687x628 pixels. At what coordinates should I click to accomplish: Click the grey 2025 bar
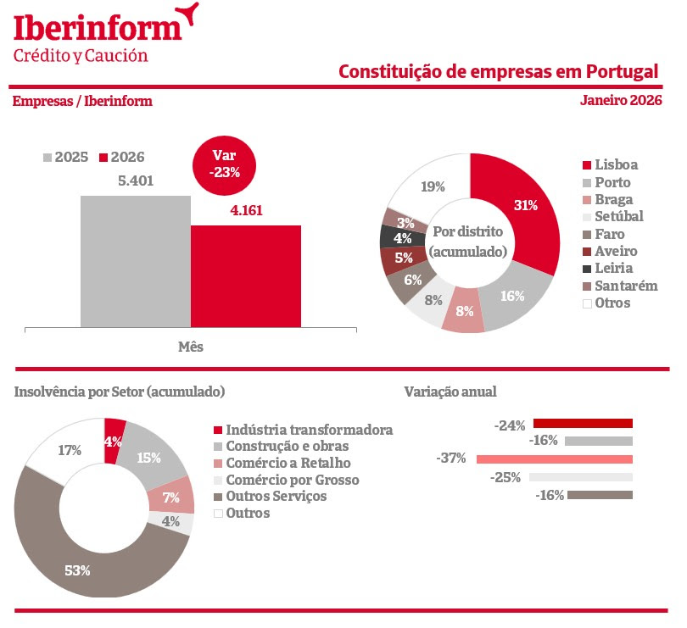point(136,261)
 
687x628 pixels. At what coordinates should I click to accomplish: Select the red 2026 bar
point(246,276)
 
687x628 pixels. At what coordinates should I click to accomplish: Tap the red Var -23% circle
point(224,164)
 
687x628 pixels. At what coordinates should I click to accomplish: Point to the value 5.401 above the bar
point(136,181)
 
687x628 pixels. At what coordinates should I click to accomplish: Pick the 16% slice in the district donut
point(512,297)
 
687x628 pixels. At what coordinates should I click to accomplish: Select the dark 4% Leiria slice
point(402,238)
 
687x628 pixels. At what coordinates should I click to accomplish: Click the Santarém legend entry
point(620,286)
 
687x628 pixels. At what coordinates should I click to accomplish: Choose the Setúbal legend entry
point(613,216)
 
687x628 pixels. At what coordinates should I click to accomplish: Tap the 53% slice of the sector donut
point(79,570)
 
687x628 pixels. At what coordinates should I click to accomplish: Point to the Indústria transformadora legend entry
point(303,430)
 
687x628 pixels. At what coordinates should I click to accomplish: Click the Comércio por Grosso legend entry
point(287,480)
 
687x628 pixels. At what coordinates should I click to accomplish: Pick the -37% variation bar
point(555,459)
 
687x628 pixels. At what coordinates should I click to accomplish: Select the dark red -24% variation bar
point(583,423)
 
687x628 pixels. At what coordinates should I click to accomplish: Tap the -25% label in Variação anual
point(505,477)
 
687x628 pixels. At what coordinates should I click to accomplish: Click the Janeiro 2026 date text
point(621,100)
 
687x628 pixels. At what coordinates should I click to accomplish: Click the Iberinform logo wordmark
point(98,28)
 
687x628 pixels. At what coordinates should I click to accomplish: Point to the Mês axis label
point(191,347)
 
